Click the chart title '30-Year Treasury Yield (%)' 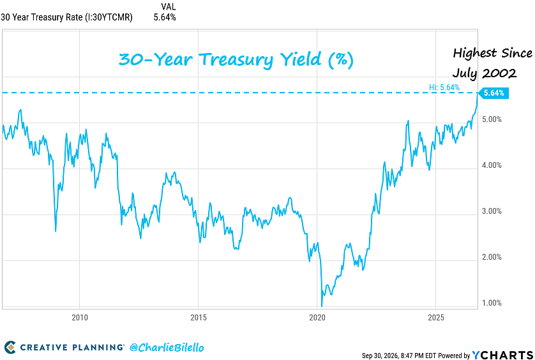pyautogui.click(x=236, y=60)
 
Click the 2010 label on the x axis pyautogui.click(x=80, y=317)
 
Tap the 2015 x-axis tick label pyautogui.click(x=199, y=317)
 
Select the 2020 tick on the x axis pyautogui.click(x=317, y=317)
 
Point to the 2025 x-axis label pyautogui.click(x=436, y=317)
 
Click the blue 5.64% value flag pyautogui.click(x=494, y=93)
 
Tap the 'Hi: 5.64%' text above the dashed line pyautogui.click(x=444, y=87)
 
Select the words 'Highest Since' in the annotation pyautogui.click(x=492, y=53)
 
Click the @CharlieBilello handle pyautogui.click(x=167, y=348)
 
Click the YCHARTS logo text pyautogui.click(x=502, y=355)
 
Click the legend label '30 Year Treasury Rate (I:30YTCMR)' pyautogui.click(x=66, y=18)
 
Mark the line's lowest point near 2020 pyautogui.click(x=321, y=306)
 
